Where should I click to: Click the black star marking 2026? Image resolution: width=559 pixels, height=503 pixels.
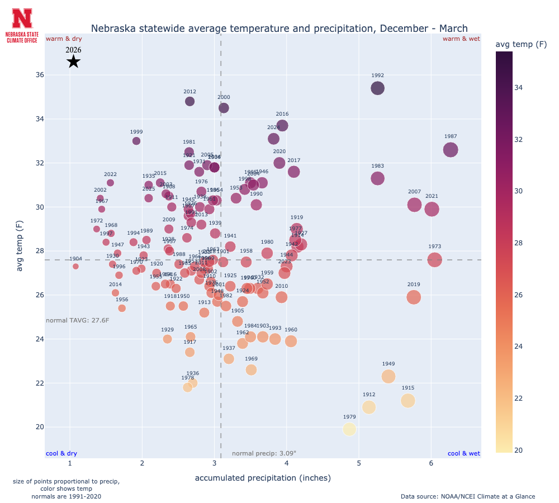73,61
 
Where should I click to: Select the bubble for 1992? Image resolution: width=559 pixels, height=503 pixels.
378,88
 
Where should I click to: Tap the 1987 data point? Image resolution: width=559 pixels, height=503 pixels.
451,150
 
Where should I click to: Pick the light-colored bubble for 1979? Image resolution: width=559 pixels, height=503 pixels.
349,429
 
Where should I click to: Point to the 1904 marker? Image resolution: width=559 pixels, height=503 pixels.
75,267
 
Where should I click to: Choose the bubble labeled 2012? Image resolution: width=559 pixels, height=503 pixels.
190,101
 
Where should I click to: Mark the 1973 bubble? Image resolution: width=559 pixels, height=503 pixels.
435,259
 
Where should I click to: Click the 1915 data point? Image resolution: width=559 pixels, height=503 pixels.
408,400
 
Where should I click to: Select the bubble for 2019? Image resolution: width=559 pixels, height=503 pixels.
414,297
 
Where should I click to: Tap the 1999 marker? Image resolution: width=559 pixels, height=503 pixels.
136,141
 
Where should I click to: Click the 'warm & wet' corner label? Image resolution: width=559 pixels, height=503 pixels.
461,39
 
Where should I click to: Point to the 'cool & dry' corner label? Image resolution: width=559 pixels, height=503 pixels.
61,453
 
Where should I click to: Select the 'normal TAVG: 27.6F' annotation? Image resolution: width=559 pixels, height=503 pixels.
77,321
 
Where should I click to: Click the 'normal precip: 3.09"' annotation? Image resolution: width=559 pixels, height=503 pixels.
264,453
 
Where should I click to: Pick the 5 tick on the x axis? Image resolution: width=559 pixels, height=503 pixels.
359,463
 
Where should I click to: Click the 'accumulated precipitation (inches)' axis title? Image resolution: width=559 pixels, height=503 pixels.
263,478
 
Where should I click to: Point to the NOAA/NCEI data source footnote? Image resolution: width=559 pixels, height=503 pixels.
467,496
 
